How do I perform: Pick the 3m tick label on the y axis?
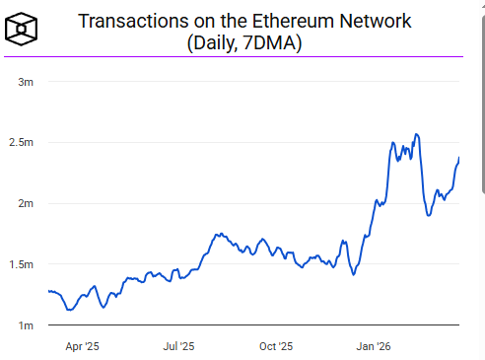click(27, 82)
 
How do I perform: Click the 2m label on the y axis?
click(27, 203)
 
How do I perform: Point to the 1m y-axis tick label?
click(27, 325)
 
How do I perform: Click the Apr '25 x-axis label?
click(82, 346)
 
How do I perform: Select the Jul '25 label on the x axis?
click(178, 346)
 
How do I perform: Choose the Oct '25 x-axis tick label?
click(276, 346)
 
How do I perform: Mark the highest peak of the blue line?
click(416, 134)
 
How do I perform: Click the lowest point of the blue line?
click(69, 310)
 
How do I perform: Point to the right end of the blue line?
click(459, 159)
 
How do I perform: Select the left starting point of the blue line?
click(48, 291)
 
